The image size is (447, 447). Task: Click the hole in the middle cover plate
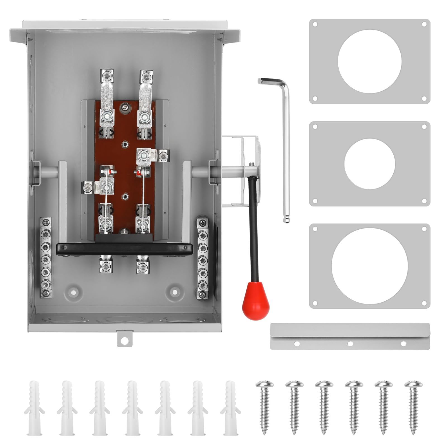(369, 164)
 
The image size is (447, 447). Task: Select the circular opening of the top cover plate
(369, 61)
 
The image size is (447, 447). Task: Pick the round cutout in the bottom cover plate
(369, 266)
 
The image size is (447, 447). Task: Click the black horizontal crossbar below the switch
(124, 249)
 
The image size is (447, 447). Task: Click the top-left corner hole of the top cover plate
(315, 24)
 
